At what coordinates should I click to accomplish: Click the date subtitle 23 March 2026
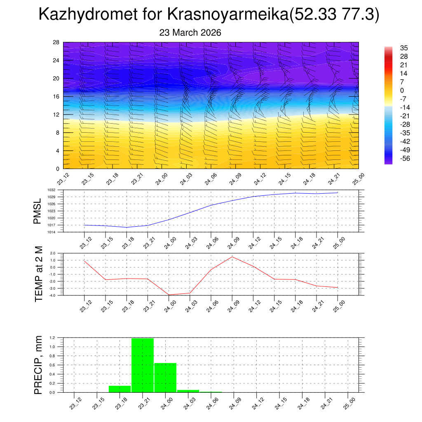click(190, 33)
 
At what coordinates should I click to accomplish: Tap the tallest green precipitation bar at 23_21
click(143, 365)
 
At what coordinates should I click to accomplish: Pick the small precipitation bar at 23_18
click(120, 389)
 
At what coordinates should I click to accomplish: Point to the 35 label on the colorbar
click(404, 48)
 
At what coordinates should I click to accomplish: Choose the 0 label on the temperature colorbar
click(402, 90)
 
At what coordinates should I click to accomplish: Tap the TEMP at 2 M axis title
click(39, 274)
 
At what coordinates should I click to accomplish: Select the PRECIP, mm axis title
click(38, 365)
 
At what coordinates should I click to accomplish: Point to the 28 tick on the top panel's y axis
click(56, 42)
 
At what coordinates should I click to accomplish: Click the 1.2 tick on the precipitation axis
click(52, 338)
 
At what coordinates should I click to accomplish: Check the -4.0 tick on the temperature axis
click(52, 295)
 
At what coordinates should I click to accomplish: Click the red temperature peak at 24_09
click(232, 257)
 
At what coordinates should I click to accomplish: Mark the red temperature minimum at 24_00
click(169, 295)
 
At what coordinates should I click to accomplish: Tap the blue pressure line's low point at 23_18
click(127, 227)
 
